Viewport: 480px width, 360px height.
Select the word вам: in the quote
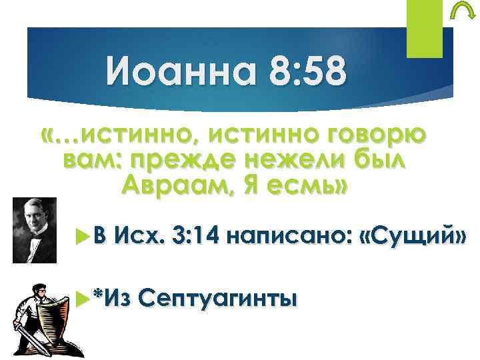pyautogui.click(x=92, y=161)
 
